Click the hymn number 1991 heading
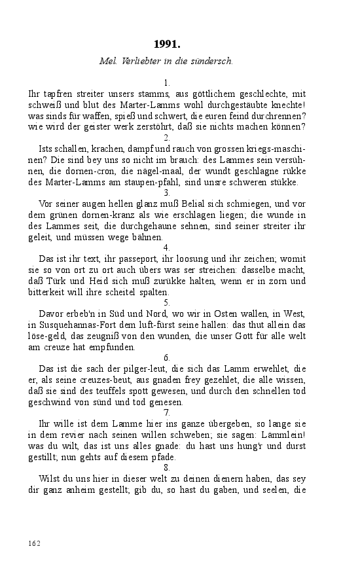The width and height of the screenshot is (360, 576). tap(167, 45)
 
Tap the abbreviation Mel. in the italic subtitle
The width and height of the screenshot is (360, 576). tap(107, 61)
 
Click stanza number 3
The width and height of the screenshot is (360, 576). tap(167, 192)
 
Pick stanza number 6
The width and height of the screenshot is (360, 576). tap(167, 357)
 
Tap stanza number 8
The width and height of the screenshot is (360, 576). tap(167, 467)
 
